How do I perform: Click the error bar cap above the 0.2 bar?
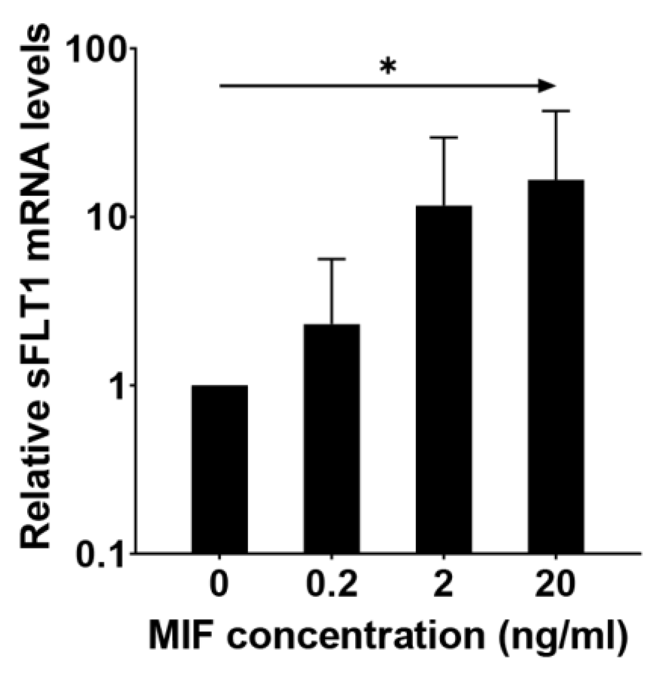332,259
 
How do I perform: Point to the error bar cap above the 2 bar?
444,137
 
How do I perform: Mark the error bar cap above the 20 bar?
556,111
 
